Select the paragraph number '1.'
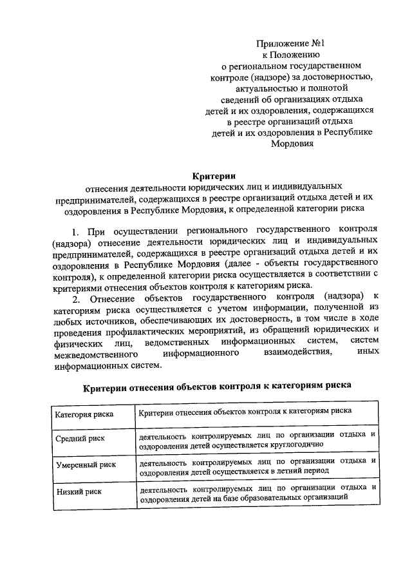75,231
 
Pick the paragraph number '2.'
76,298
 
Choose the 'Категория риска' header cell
84,414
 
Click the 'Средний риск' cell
80,439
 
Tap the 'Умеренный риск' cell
84,466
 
